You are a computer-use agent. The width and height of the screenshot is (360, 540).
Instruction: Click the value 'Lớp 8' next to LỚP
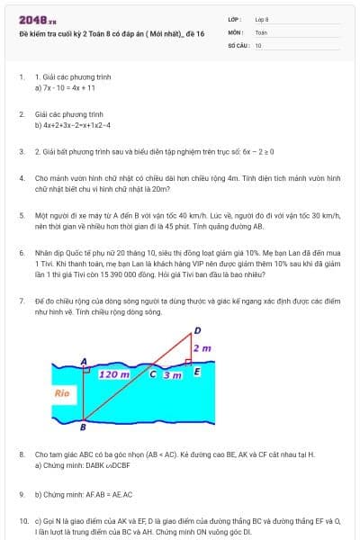point(263,18)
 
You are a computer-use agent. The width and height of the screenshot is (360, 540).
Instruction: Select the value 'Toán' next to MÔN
point(261,31)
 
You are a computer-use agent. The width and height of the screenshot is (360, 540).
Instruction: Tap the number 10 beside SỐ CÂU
point(258,44)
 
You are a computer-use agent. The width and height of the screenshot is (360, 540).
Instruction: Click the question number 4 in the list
point(22,178)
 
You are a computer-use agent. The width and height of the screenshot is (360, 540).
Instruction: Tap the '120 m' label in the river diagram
point(113,373)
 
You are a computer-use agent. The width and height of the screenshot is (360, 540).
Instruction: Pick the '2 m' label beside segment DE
point(202,348)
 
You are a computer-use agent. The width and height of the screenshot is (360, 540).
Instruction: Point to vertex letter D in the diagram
point(197,330)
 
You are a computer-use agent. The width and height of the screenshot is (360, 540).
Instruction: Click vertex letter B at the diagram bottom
point(83,427)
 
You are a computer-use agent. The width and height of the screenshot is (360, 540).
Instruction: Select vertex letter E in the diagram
point(196,372)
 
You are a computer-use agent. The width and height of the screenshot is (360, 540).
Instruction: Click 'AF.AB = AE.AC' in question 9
point(109,494)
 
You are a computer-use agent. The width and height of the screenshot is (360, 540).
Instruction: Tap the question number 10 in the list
point(23,520)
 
